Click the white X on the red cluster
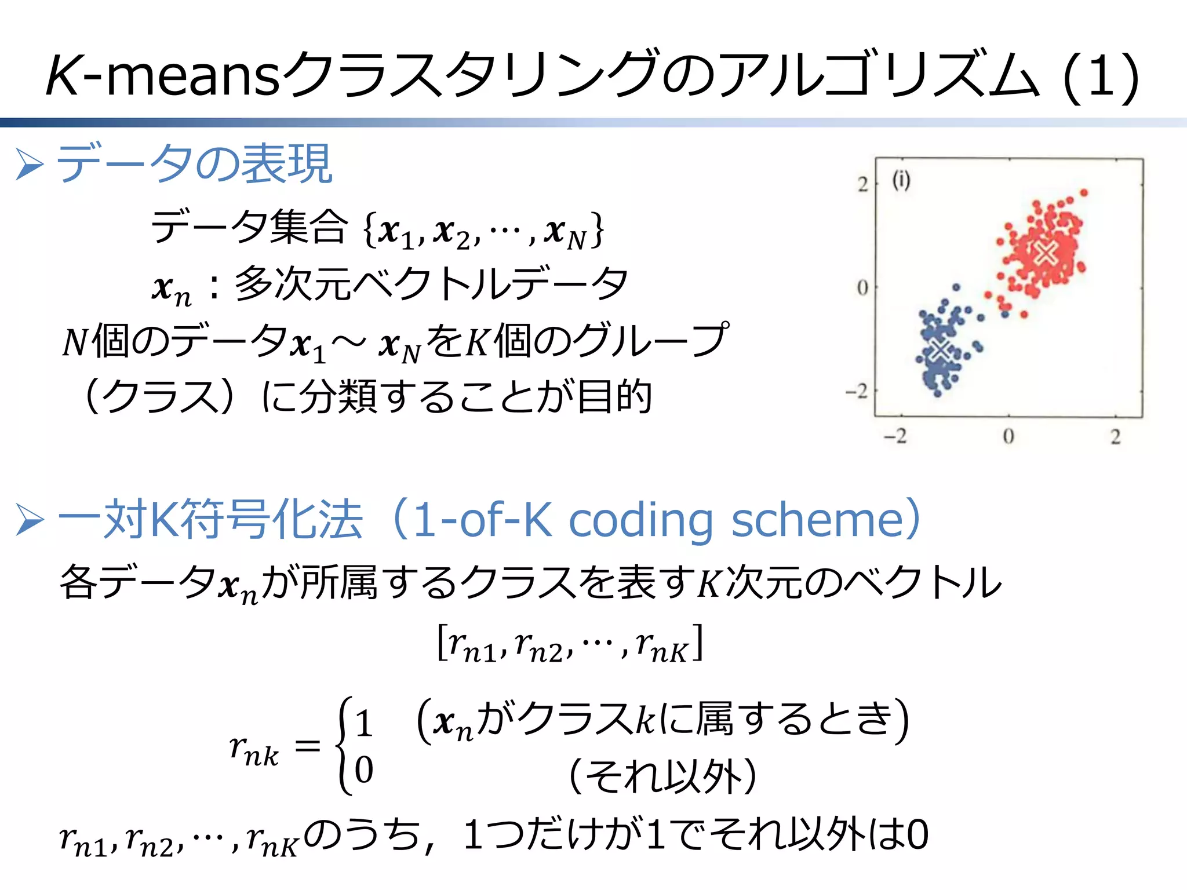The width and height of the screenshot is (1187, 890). [x=1046, y=253]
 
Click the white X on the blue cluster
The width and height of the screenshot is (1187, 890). [x=940, y=349]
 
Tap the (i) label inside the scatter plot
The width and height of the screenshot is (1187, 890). [x=901, y=180]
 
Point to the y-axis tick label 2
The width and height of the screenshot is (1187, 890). [x=863, y=184]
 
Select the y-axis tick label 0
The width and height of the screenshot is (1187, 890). [x=862, y=287]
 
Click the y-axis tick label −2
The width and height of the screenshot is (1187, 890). [x=857, y=392]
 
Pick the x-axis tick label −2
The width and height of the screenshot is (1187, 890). [x=895, y=436]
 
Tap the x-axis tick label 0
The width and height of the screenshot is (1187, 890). [x=1008, y=436]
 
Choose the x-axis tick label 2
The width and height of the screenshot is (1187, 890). [x=1116, y=436]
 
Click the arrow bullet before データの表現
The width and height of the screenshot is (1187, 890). [x=30, y=164]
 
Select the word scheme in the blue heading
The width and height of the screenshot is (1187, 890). [x=818, y=520]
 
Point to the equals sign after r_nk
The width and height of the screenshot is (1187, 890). [x=307, y=746]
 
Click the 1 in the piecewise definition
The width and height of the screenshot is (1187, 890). [x=363, y=724]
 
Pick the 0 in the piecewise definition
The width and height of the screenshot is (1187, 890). [x=363, y=769]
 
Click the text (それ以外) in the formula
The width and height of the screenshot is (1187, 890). [x=663, y=776]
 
